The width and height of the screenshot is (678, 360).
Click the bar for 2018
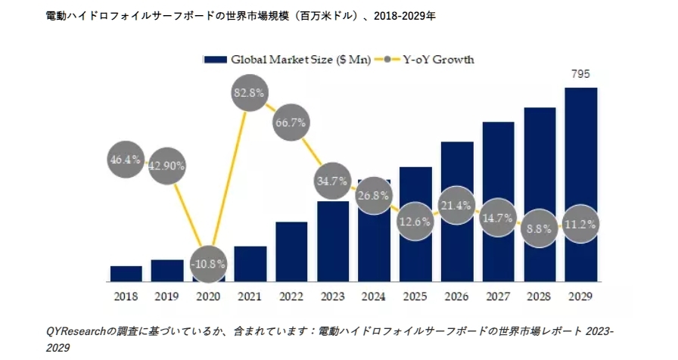click(x=126, y=273)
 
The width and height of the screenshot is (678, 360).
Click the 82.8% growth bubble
click(x=250, y=94)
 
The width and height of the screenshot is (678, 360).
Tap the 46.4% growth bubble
click(x=126, y=160)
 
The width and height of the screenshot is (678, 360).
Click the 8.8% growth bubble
click(x=540, y=225)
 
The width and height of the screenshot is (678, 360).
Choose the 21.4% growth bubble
click(x=456, y=206)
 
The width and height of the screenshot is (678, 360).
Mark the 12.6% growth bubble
click(x=415, y=222)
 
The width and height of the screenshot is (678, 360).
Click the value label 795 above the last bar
click(x=580, y=74)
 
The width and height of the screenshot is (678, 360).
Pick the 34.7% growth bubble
click(x=333, y=182)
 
